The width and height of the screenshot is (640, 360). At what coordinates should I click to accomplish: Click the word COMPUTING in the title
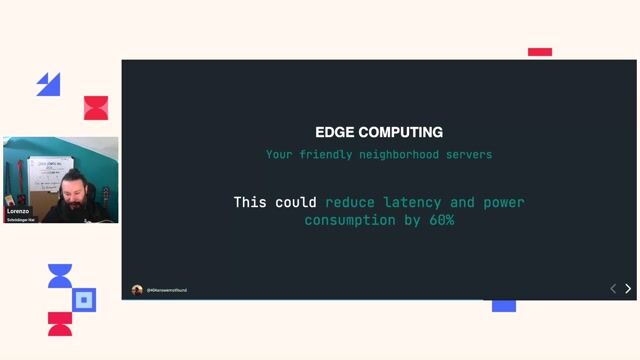(x=400, y=132)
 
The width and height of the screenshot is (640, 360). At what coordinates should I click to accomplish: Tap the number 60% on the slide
(x=438, y=220)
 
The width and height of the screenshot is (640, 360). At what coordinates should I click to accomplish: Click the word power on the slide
(x=504, y=202)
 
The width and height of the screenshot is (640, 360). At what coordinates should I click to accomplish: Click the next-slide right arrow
(x=628, y=288)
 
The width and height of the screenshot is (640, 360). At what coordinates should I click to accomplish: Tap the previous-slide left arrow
(x=613, y=288)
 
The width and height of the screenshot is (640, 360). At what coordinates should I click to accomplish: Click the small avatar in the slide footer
(x=137, y=290)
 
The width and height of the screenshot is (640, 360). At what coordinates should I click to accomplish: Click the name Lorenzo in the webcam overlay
(x=18, y=212)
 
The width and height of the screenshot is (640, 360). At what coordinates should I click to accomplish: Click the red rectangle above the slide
(x=540, y=52)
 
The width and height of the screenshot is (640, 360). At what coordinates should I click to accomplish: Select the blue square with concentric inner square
(x=85, y=299)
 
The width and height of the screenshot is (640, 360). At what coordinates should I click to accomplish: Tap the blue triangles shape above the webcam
(x=48, y=84)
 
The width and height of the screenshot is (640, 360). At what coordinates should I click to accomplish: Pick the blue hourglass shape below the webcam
(x=60, y=276)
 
